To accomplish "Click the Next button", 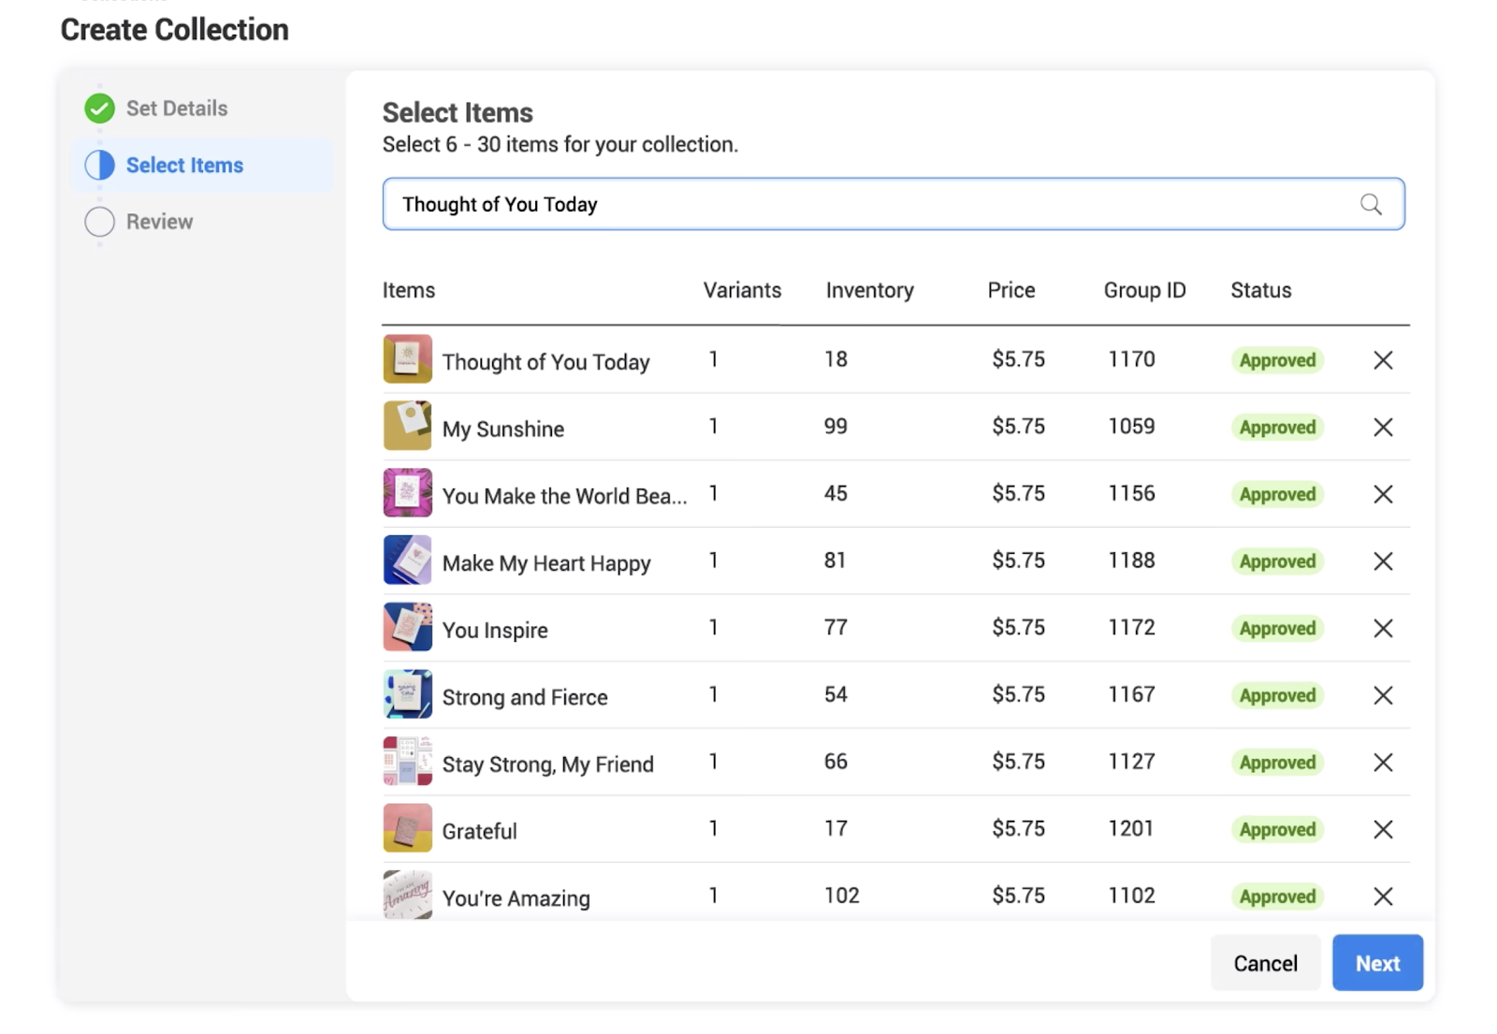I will [x=1376, y=963].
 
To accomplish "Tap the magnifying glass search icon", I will [x=1371, y=204].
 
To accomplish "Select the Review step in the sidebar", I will [x=159, y=222].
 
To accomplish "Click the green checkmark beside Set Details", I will [x=100, y=109].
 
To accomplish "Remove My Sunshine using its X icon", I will [x=1383, y=428].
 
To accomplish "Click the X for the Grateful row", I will [x=1383, y=830].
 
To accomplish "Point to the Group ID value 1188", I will [x=1131, y=561].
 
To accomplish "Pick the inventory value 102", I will [x=841, y=896].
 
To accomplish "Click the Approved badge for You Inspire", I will [x=1277, y=628].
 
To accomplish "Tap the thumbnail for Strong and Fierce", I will [x=408, y=694].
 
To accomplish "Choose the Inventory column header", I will [x=869, y=290].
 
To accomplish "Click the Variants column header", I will [x=742, y=290].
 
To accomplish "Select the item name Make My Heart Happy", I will [x=546, y=563].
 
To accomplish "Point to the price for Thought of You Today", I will [x=1018, y=359].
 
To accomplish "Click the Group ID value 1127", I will [x=1131, y=762].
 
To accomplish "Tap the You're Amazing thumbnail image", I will [x=408, y=895].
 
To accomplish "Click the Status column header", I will [x=1260, y=290].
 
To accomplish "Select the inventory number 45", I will [x=836, y=493].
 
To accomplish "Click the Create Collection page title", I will [x=175, y=30].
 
